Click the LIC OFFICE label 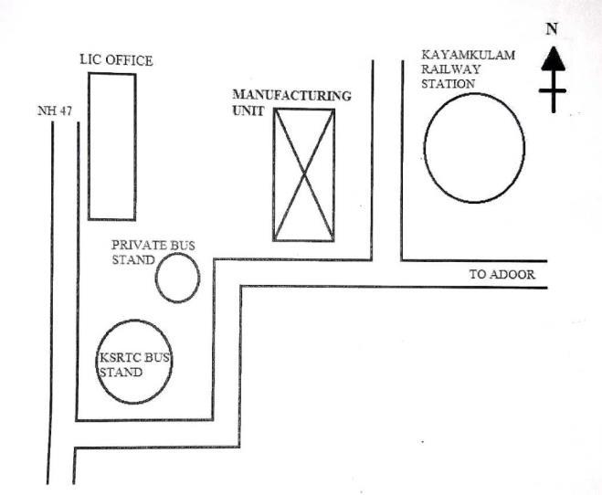point(116,61)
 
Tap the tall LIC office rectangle point(111,146)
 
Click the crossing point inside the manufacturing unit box point(304,174)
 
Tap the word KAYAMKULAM point(468,55)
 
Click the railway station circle point(474,147)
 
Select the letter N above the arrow point(551,28)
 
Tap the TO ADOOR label point(501,274)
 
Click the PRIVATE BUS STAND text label point(153,252)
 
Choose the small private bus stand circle point(177,278)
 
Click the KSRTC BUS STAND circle point(135,362)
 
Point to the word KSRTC point(117,359)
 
